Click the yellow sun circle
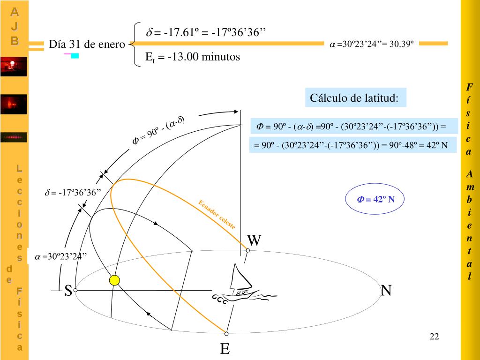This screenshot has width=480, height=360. point(114,280)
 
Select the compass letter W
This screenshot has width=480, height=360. point(254,240)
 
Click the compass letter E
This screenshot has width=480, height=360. point(225,349)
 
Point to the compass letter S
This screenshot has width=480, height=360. point(68,291)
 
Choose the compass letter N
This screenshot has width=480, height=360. point(386,291)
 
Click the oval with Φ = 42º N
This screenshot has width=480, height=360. point(375,199)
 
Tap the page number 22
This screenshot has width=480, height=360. point(434,337)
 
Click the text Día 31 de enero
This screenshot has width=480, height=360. point(87,45)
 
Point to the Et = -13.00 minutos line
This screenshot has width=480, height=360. point(193,57)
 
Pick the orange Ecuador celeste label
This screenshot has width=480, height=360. point(217,214)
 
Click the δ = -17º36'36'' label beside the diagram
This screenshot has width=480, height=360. point(73,193)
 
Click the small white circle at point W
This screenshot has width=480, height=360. point(247,250)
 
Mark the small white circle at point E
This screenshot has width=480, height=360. point(226,334)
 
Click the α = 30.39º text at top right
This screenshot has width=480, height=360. point(371,44)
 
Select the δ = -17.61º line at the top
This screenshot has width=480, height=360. point(206,33)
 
